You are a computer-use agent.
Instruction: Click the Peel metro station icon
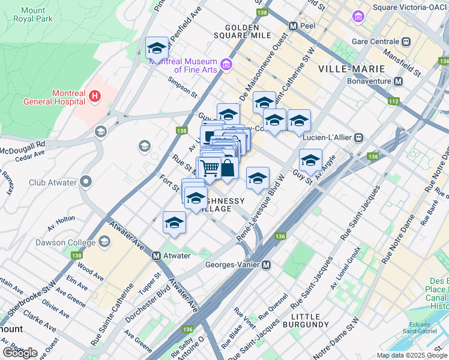(294, 27)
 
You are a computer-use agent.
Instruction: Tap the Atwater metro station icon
(156, 256)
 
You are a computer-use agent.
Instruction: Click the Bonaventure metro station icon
(398, 81)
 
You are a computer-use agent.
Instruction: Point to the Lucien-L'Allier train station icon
(358, 137)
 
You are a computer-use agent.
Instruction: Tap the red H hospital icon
(94, 95)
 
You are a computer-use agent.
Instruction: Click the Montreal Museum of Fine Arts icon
(226, 64)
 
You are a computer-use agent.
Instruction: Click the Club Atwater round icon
(86, 181)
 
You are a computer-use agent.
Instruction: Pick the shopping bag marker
(228, 168)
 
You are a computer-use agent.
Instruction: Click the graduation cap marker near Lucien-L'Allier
(310, 160)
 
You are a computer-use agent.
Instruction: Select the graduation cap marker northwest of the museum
(157, 48)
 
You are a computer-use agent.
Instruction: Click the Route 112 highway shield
(393, 101)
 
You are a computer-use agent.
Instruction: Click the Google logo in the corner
(19, 353)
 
